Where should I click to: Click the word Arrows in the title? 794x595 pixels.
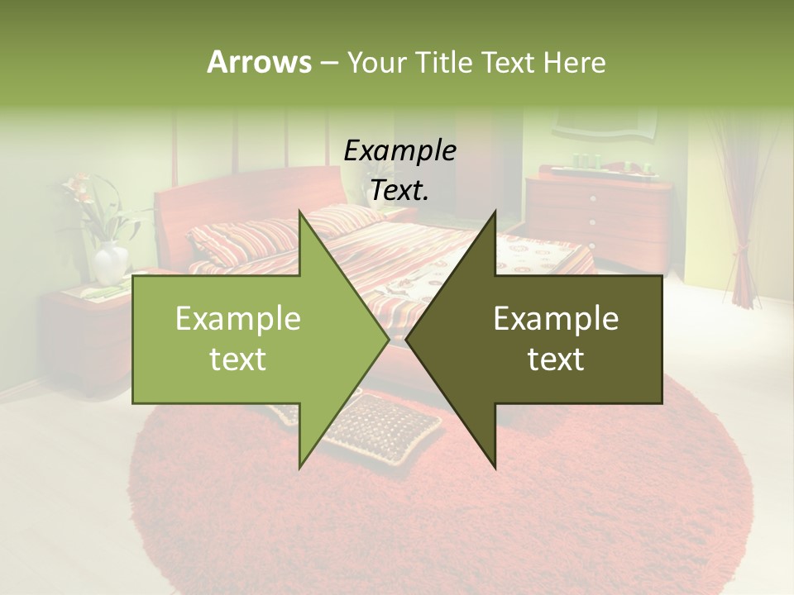(x=259, y=62)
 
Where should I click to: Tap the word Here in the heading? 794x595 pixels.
(x=574, y=62)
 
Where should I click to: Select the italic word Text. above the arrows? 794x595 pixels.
(x=399, y=191)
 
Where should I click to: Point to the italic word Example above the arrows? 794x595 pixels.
(x=399, y=151)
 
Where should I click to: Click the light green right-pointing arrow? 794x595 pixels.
(x=248, y=339)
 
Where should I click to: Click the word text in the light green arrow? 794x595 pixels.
(x=237, y=359)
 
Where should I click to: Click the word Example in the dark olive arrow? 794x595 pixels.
(x=556, y=319)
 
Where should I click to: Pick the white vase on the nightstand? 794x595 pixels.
(x=110, y=264)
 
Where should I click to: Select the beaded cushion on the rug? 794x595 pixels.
(x=385, y=426)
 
